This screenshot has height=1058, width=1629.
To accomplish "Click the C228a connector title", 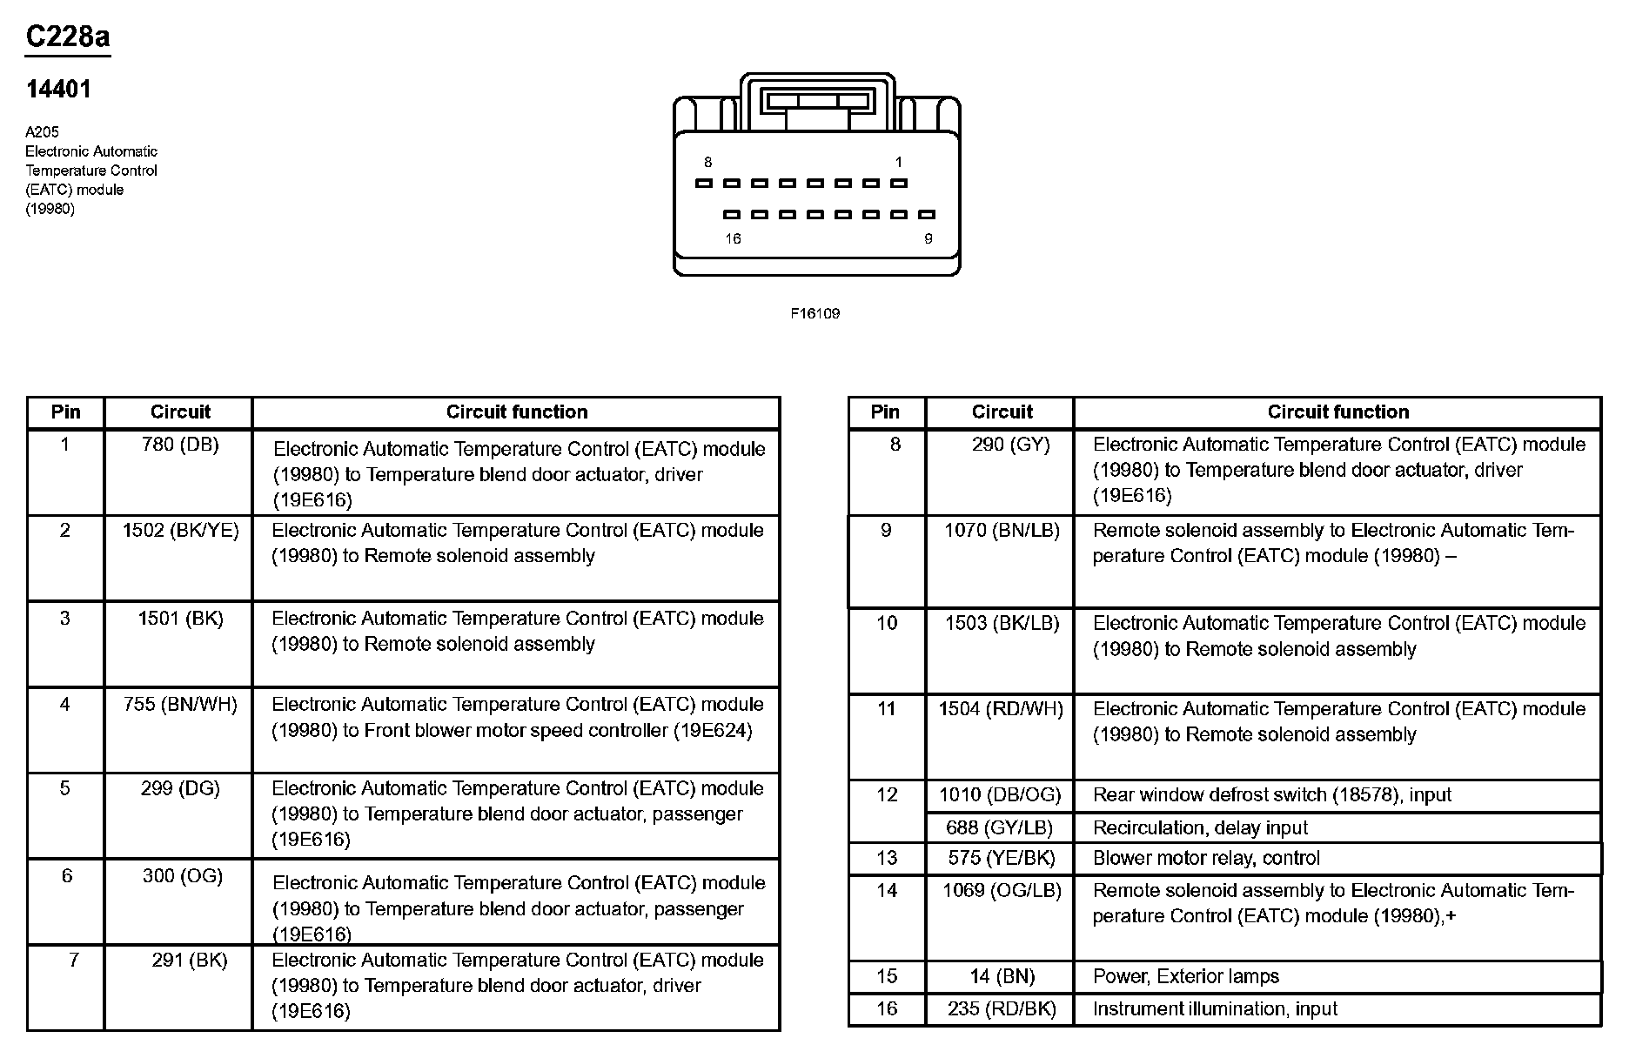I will pos(68,37).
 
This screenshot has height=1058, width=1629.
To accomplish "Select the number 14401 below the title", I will pos(58,89).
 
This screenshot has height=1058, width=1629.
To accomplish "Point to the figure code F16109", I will pos(814,313).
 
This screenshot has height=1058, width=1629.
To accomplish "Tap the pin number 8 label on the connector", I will pos(708,162).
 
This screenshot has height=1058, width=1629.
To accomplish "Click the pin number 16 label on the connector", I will pos(733,238).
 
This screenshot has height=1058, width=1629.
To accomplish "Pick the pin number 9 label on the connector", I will pos(928,238).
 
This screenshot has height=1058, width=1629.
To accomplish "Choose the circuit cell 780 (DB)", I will pos(180,445).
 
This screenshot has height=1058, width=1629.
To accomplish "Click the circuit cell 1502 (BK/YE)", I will pos(180,530).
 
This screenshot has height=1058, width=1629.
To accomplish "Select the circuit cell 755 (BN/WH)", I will pos(180,704).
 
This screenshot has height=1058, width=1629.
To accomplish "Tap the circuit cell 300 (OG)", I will pos(183,875).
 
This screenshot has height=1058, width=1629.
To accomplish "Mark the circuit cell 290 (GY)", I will pos(1010,445).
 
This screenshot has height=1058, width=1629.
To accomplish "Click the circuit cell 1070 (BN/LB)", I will pos(1002,530).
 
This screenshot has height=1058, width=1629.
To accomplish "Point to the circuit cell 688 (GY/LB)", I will pos(999,827).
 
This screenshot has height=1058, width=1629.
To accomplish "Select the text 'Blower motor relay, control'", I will pos(1206,858).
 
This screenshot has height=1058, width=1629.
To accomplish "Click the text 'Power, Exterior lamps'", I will pos(1185,976).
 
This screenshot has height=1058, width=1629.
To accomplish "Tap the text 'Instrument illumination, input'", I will pos(1215,1008).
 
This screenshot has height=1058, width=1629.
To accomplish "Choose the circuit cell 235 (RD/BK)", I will pos(1002,1008).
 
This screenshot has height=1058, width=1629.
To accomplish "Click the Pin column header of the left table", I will pos(65,412).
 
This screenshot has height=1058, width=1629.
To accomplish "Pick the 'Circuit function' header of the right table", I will pos(1337,412).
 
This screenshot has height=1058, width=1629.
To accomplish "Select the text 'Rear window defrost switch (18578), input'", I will pos(1271,794).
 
